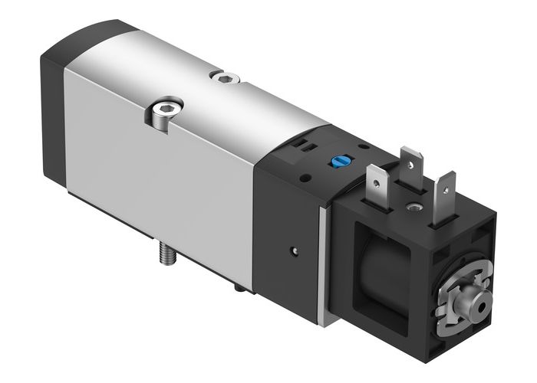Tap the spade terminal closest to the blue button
point(376,185)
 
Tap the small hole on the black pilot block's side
point(293,249)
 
